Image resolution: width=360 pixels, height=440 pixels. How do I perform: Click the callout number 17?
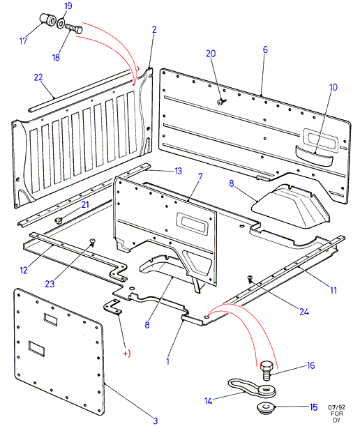coord(23,41)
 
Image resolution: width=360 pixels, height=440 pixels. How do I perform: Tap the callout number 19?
coord(68,6)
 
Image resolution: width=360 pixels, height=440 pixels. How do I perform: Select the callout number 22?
coord(38,77)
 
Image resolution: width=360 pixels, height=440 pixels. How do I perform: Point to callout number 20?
coord(211,53)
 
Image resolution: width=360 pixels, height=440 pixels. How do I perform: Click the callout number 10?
coord(333,87)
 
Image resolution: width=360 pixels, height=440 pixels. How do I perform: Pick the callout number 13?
coord(179,171)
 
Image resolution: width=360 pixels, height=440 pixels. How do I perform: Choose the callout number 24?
coord(304,312)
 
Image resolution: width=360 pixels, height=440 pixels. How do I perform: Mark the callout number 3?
coord(156,420)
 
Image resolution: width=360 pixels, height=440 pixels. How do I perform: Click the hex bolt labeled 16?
coord(266,370)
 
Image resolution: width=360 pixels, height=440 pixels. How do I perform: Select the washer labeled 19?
coord(61,23)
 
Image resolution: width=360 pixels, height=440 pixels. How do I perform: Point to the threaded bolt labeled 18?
coord(74,29)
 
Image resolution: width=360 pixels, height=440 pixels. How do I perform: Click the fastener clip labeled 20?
coord(222,102)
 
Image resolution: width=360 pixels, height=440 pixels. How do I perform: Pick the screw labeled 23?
coord(92,242)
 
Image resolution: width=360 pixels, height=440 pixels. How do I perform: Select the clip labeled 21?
coord(59,220)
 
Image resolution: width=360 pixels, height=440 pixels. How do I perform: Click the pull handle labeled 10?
coord(314,156)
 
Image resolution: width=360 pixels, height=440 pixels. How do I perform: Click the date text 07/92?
coord(336,407)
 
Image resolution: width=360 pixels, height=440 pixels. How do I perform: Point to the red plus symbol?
coord(125,354)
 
